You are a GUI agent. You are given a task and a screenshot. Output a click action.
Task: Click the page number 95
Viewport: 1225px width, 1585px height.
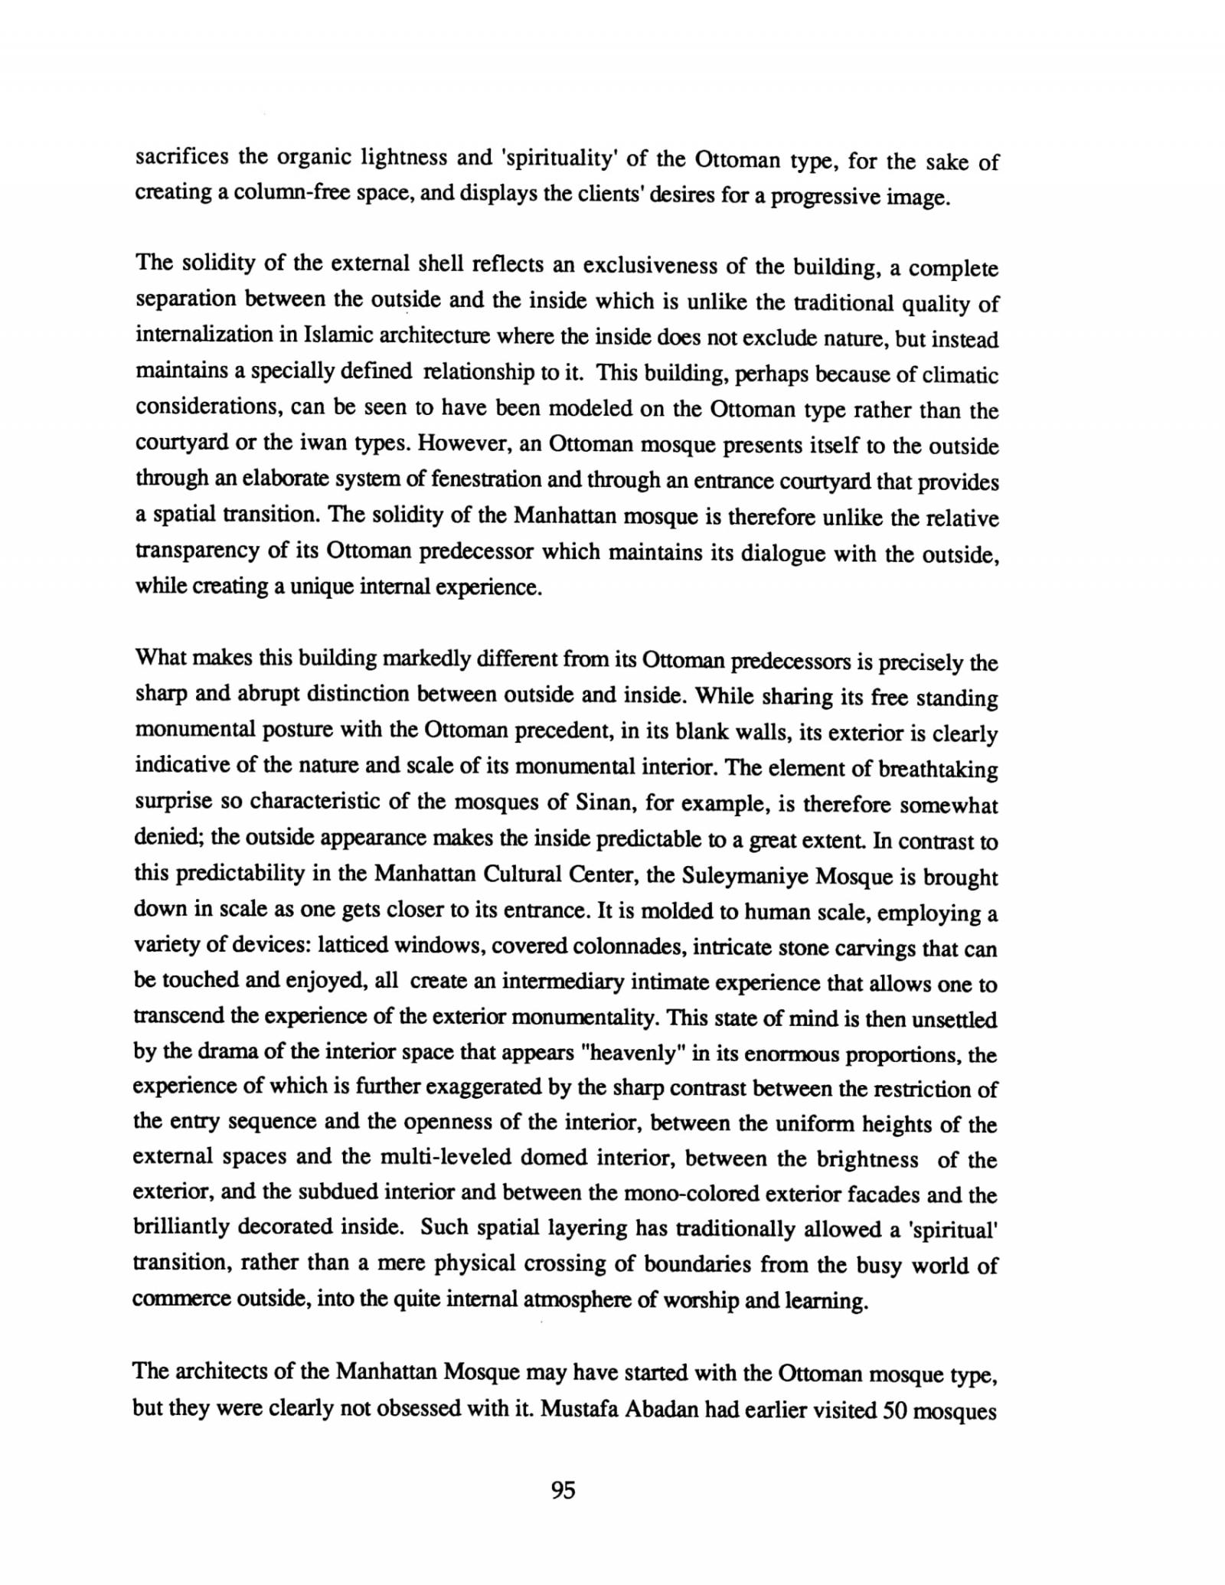point(563,1490)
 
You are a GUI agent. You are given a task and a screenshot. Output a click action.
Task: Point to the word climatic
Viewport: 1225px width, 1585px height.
point(961,375)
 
